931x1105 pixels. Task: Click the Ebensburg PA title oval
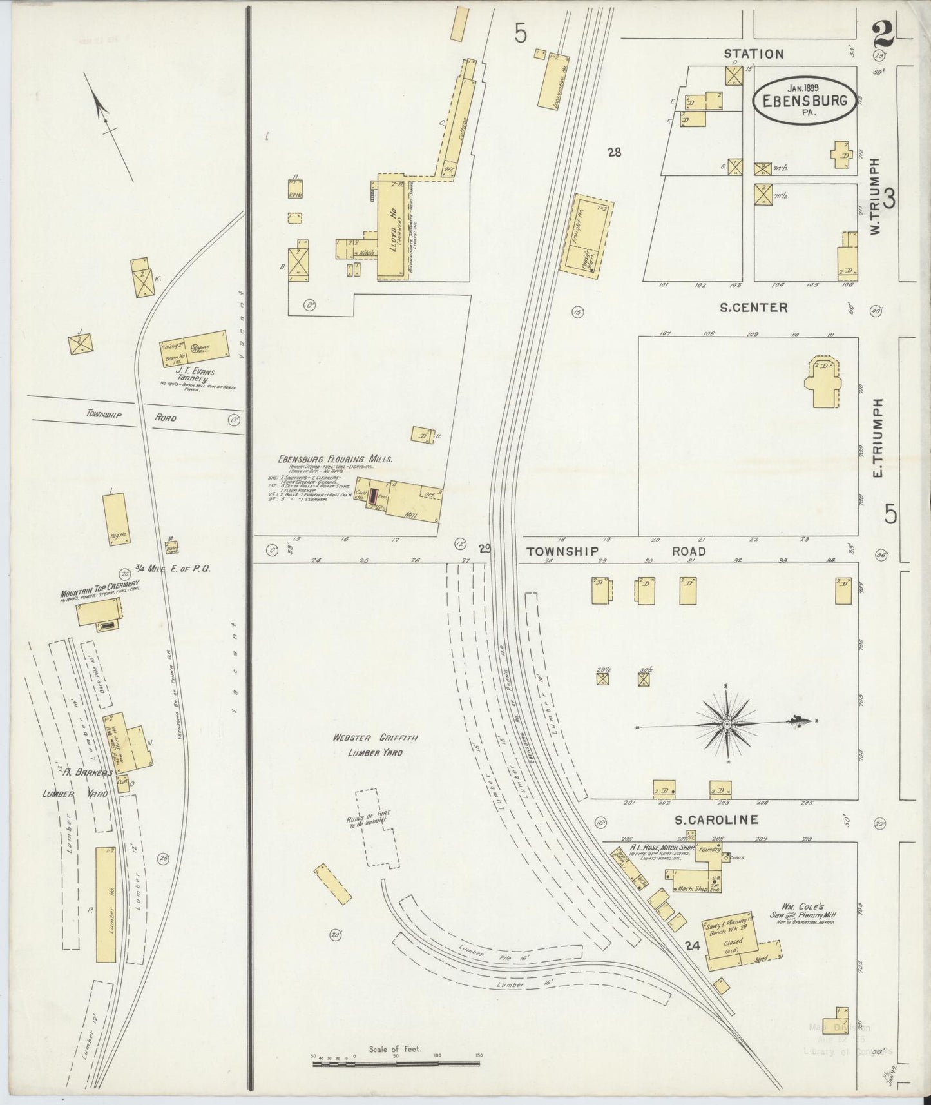(x=805, y=100)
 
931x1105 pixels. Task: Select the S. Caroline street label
(x=715, y=820)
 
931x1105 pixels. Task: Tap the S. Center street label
(x=753, y=308)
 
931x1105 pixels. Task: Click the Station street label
(x=753, y=54)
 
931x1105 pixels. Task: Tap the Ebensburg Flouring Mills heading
(x=334, y=459)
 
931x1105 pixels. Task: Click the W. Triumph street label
(x=874, y=197)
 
